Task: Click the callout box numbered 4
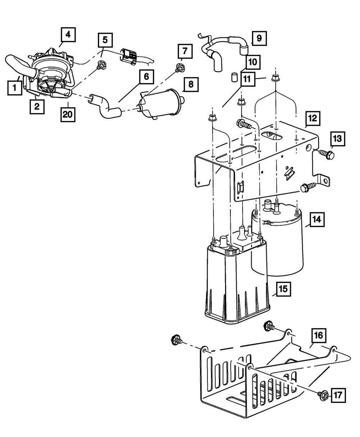(x=68, y=35)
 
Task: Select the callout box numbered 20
(x=68, y=114)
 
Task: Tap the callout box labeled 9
(x=259, y=38)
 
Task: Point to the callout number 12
(x=313, y=118)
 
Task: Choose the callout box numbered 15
(x=283, y=289)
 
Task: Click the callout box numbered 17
(x=338, y=395)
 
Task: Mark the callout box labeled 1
(x=15, y=88)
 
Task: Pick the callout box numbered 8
(x=191, y=85)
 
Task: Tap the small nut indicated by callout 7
(x=180, y=67)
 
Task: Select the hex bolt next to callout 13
(x=327, y=155)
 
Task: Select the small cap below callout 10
(x=234, y=77)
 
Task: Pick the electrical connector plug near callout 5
(x=128, y=56)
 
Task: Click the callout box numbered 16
(x=319, y=335)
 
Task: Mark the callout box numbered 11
(x=248, y=79)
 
